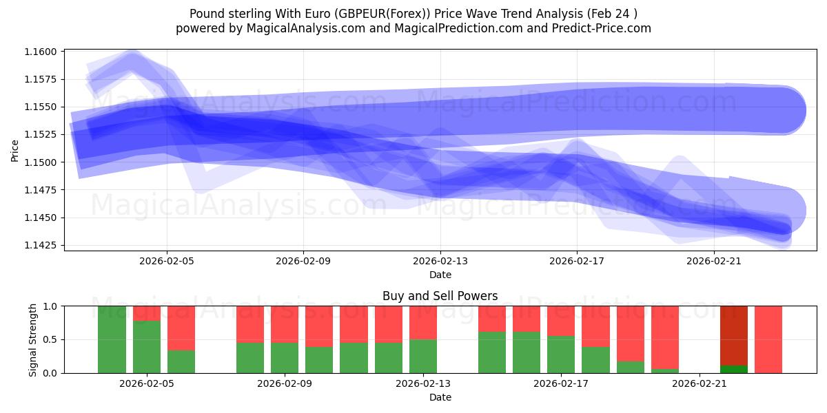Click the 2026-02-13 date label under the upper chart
coord(440,262)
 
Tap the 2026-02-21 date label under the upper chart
coord(714,262)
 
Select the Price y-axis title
coord(15,150)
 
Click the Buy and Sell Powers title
coord(440,296)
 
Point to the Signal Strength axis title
coord(32,339)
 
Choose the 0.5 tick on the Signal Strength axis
coord(51,339)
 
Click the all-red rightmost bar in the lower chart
coord(768,339)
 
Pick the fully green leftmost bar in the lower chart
coord(112,339)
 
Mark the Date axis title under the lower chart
coord(440,397)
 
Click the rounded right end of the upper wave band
coord(786,110)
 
